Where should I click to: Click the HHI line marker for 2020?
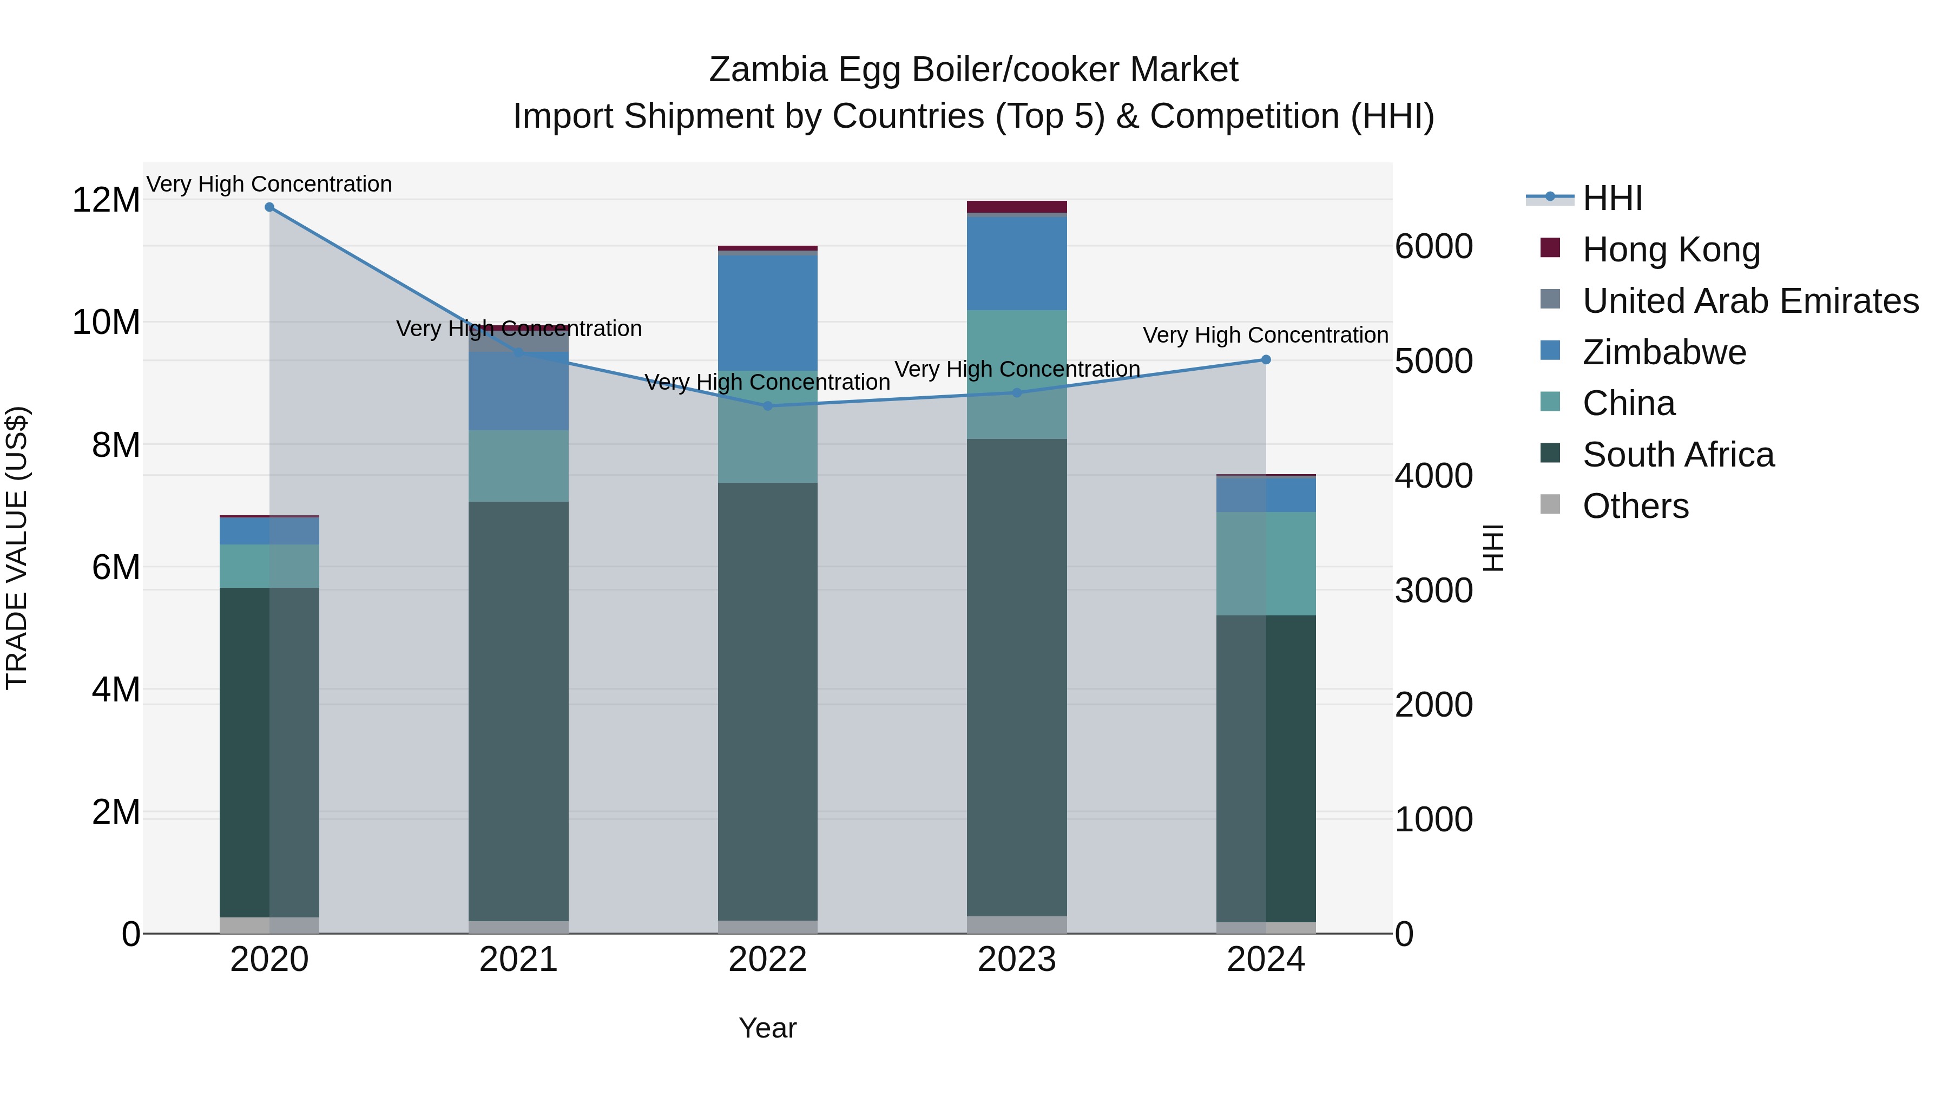tap(269, 207)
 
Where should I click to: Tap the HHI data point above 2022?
tap(767, 406)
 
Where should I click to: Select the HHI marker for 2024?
tap(1266, 360)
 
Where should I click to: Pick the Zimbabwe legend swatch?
tap(1550, 351)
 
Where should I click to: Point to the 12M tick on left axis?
tap(106, 200)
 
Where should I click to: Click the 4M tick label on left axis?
tap(115, 690)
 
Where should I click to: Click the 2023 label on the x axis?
tap(1016, 960)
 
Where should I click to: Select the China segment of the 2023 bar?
tap(1016, 375)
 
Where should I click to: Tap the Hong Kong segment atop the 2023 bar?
tap(1016, 207)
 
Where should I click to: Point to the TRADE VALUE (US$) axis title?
tap(17, 548)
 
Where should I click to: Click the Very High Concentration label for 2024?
tap(1265, 335)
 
